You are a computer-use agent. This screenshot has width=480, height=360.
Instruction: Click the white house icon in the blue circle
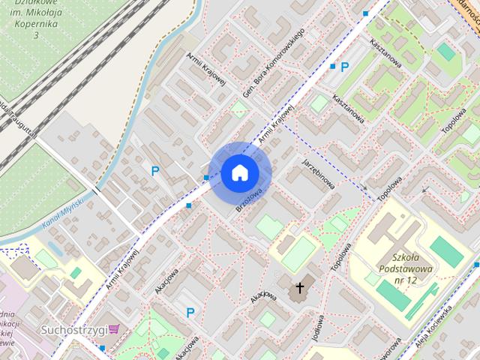tap(240, 173)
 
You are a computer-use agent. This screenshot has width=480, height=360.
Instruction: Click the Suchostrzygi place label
tap(73, 328)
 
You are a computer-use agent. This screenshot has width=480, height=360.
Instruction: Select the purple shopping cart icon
tap(114, 328)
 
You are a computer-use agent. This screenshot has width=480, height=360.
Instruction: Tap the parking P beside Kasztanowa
tap(345, 67)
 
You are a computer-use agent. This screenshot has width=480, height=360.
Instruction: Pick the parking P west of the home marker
tap(155, 171)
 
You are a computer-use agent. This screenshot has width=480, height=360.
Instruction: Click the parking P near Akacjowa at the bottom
tap(190, 313)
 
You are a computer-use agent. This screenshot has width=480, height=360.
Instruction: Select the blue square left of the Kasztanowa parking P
tap(333, 66)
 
